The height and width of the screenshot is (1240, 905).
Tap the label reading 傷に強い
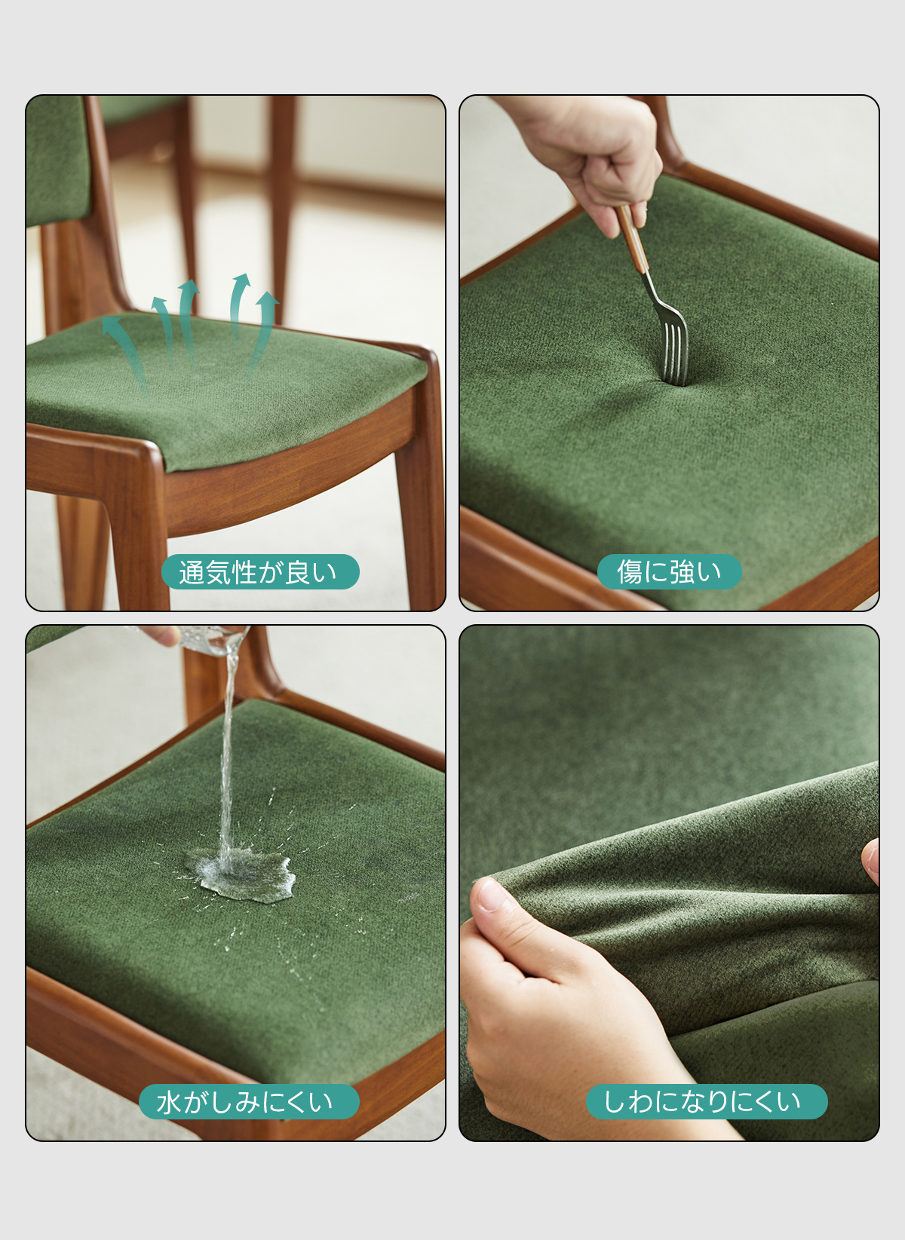tap(669, 572)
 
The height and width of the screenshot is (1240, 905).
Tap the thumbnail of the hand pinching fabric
tap(489, 894)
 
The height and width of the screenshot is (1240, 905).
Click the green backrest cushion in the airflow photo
tap(58, 161)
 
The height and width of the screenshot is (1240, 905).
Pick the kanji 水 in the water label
tap(169, 1102)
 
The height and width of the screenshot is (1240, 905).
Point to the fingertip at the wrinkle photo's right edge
tap(870, 862)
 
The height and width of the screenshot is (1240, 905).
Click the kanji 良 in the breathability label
tap(298, 572)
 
